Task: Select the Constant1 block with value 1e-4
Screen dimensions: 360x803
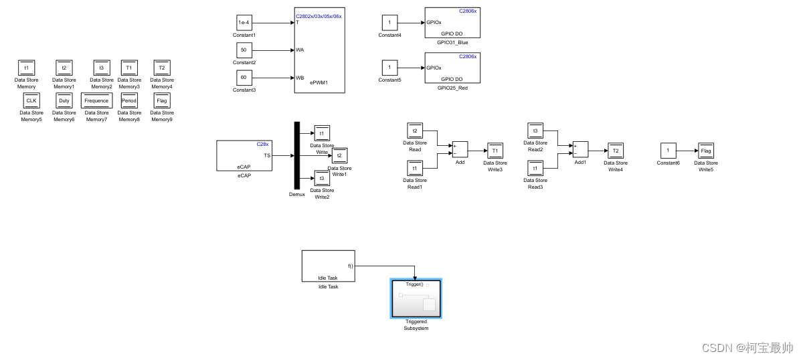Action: (244, 23)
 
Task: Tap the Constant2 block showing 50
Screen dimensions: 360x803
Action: (244, 50)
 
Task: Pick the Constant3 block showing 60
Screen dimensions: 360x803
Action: (244, 78)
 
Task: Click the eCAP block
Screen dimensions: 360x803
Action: (244, 156)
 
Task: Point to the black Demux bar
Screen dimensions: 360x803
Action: (296, 156)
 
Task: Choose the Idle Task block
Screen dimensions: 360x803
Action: (328, 266)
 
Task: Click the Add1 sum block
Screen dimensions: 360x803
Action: (580, 149)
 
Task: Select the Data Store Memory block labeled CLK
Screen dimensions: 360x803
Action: (31, 101)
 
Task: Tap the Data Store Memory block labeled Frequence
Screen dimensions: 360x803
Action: (96, 101)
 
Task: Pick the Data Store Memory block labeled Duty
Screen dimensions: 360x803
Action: (64, 101)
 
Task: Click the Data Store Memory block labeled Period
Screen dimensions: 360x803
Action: (129, 101)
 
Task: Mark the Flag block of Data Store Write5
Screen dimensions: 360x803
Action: (706, 151)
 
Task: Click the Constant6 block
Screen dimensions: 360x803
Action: (667, 151)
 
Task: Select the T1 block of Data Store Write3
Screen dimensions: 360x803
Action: (495, 151)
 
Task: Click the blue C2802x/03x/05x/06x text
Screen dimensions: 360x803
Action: (319, 16)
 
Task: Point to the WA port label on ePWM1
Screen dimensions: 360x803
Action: (300, 50)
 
